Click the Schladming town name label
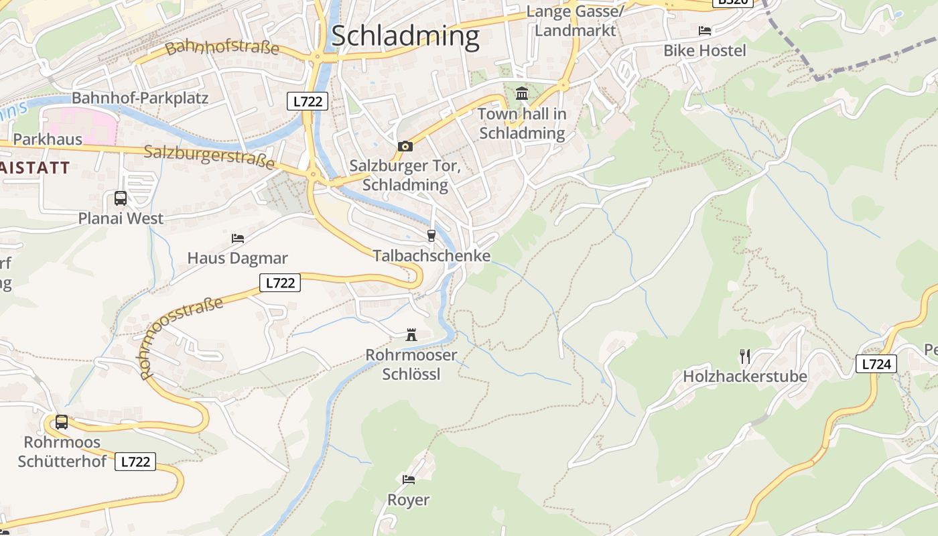(x=405, y=36)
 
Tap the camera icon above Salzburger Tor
(x=405, y=146)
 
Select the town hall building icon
(x=522, y=93)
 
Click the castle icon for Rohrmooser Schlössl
(x=411, y=335)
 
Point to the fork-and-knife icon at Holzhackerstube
(x=744, y=355)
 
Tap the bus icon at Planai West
(x=121, y=198)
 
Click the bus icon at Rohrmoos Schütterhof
(x=62, y=422)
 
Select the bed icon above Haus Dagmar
(x=237, y=238)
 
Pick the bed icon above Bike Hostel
(x=704, y=30)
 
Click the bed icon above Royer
(x=408, y=479)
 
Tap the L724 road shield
(x=876, y=364)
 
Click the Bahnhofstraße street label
(x=222, y=48)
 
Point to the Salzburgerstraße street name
(x=210, y=156)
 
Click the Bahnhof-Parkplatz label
(x=140, y=98)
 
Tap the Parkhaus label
(x=48, y=139)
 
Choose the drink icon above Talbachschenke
(x=431, y=236)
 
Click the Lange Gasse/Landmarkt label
(x=575, y=21)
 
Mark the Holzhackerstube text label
(x=745, y=377)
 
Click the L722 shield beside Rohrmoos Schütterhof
(x=135, y=462)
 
